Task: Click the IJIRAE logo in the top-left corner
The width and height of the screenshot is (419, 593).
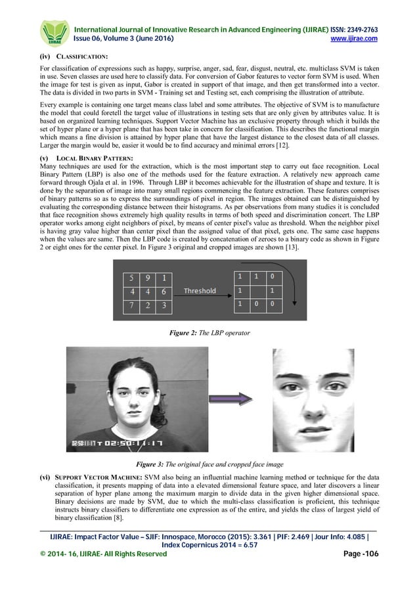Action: tap(54, 32)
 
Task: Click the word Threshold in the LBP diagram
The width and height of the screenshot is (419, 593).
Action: tap(200, 290)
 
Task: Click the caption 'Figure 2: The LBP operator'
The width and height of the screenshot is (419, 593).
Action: tap(209, 333)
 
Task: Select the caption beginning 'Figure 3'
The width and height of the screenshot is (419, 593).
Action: tap(209, 464)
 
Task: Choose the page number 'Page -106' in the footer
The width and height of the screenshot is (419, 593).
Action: tap(361, 554)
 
